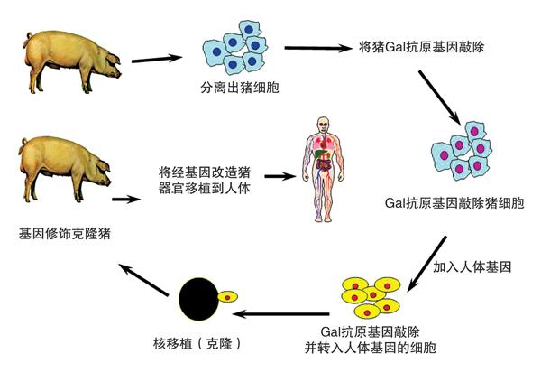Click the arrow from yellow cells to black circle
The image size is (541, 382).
[x=284, y=314]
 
